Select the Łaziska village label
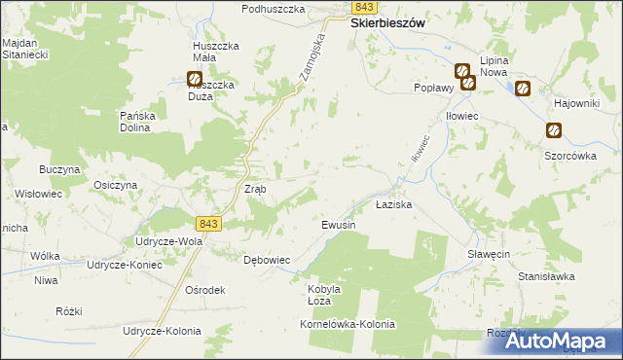click(395, 206)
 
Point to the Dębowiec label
click(267, 260)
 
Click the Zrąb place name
click(254, 188)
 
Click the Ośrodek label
click(205, 290)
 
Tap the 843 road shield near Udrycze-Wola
click(208, 223)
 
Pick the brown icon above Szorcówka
click(553, 130)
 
